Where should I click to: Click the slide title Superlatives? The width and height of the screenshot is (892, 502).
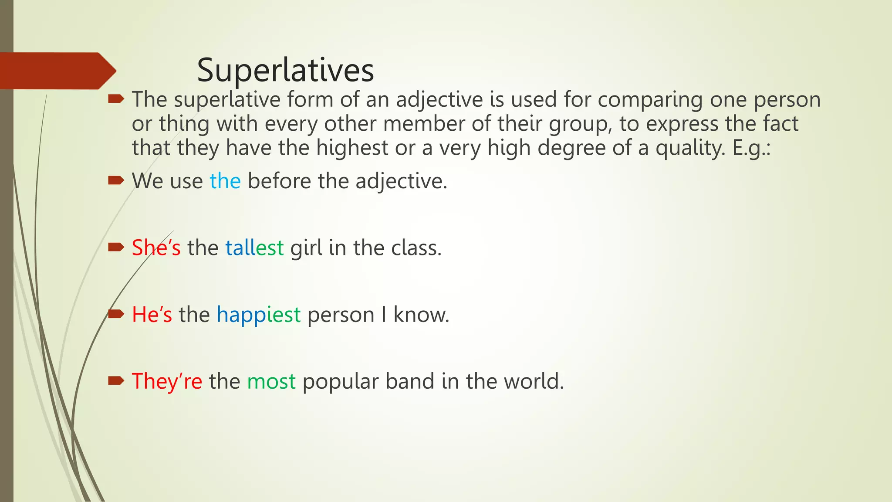click(285, 70)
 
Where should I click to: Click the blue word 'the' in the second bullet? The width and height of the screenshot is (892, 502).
click(225, 181)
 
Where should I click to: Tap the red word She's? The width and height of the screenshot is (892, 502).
click(156, 248)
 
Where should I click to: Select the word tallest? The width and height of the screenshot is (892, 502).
click(254, 248)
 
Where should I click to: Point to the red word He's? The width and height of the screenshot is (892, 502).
click(152, 314)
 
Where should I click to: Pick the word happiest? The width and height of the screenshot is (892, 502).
click(258, 315)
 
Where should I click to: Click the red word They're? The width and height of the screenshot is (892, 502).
click(167, 381)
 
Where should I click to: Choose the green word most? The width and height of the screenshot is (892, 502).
click(271, 381)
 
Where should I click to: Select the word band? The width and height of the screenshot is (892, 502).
click(410, 381)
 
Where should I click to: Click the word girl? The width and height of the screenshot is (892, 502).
click(306, 248)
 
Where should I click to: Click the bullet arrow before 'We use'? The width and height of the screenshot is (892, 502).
click(116, 180)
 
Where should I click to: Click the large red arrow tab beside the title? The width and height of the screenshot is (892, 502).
click(57, 71)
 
